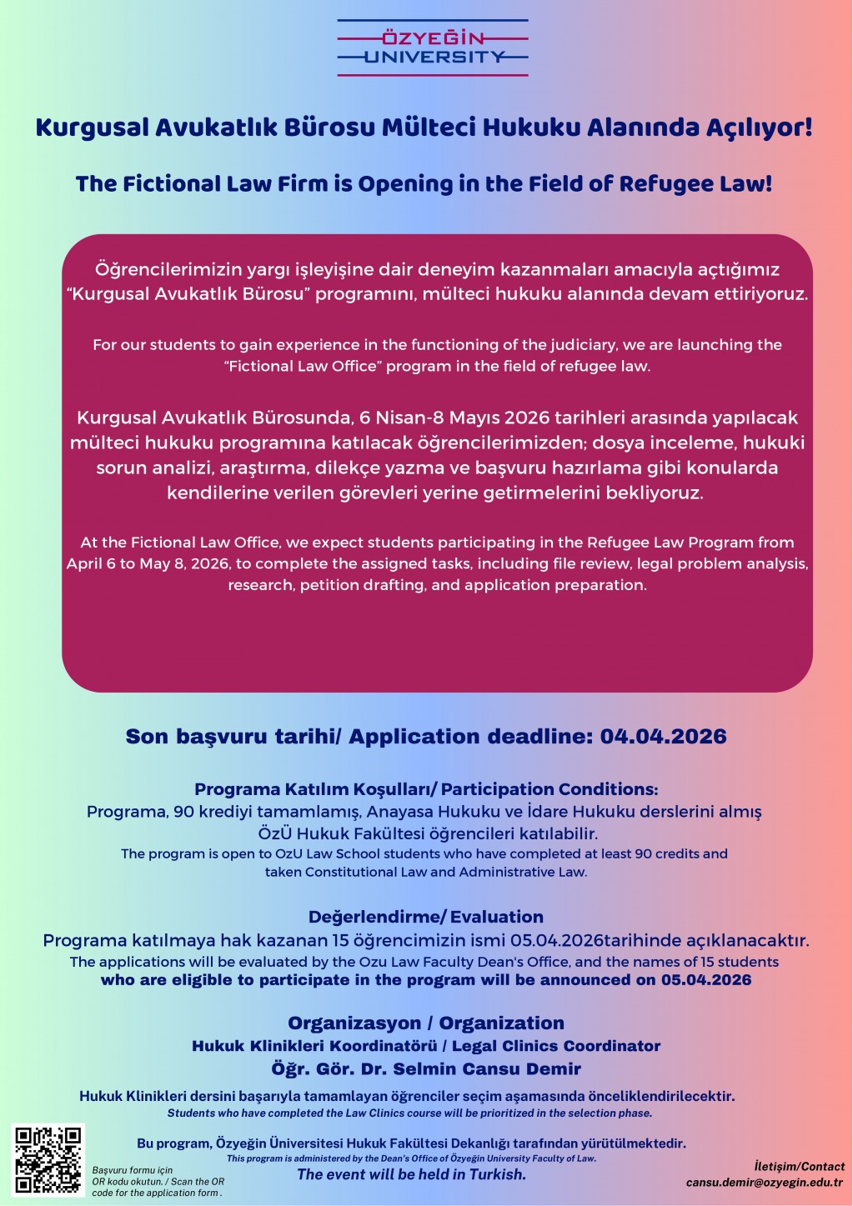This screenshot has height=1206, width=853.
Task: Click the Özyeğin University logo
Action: tap(433, 48)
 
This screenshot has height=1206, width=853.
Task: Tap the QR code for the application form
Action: tap(48, 1159)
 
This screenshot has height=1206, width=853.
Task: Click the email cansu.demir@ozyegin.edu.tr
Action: tap(764, 1182)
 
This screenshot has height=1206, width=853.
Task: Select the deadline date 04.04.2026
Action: tap(663, 737)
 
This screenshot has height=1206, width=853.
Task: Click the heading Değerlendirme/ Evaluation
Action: tap(426, 917)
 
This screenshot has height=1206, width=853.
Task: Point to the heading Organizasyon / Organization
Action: tap(426, 1023)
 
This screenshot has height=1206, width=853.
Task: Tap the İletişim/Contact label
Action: tap(799, 1166)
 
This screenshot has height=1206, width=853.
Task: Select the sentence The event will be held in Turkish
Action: tap(412, 1174)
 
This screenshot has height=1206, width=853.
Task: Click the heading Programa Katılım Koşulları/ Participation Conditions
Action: tap(426, 789)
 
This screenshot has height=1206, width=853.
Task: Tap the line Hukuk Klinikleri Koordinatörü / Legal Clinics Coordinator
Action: tap(426, 1046)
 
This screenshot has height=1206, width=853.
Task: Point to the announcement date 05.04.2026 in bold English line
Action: tap(706, 980)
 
